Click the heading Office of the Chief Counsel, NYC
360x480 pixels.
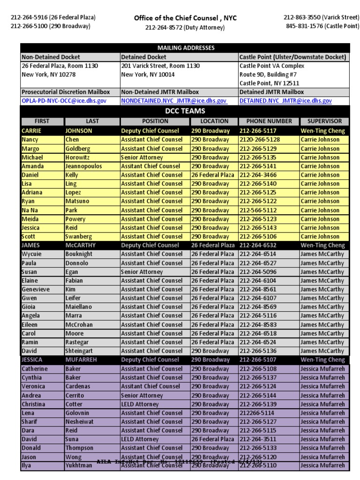point(185,18)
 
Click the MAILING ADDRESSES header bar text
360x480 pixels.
point(186,48)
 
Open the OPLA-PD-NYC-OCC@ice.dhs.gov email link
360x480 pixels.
point(64,101)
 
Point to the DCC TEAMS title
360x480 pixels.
point(185,111)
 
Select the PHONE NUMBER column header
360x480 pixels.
point(269,121)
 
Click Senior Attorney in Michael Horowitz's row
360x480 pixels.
point(142,157)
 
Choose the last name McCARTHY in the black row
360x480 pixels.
point(81,245)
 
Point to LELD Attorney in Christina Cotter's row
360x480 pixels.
point(140,404)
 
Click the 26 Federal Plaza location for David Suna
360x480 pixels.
point(212,439)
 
